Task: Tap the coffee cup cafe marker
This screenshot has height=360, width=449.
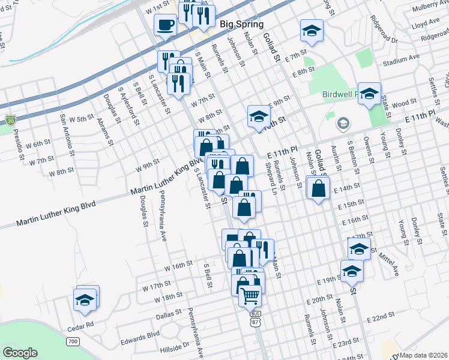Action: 165,25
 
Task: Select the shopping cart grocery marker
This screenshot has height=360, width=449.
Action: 250,295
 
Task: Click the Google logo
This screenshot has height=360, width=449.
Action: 20,353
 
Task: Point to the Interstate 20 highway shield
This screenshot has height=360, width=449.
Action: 11,120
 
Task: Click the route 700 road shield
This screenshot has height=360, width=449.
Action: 73,341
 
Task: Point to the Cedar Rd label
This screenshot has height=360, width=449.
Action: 81,326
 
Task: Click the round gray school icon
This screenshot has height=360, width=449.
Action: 342,124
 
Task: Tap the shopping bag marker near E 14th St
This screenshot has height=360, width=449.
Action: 317,188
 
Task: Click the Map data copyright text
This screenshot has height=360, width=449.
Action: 423,355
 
